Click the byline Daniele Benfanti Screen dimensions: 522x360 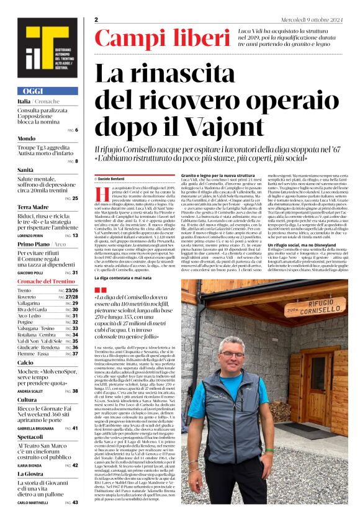point(114,178)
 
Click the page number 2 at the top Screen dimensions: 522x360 point(97,20)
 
